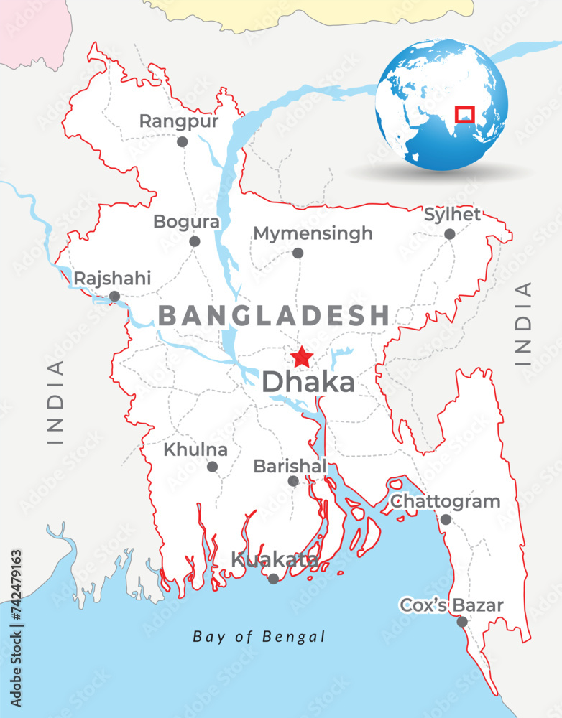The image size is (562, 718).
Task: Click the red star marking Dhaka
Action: tap(302, 356)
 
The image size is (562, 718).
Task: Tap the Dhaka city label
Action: tap(308, 383)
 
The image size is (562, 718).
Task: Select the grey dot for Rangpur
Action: tap(183, 141)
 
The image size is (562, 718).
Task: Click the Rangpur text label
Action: tap(178, 121)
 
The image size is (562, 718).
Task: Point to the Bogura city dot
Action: tap(194, 241)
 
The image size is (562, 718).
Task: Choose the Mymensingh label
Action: tap(313, 233)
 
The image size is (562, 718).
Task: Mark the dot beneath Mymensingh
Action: tap(298, 253)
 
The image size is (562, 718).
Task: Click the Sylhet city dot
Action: tap(449, 234)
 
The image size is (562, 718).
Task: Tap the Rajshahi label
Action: tap(113, 278)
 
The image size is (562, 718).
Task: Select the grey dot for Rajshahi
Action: tap(114, 296)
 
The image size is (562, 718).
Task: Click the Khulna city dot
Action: tap(212, 467)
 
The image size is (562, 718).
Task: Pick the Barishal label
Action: tap(290, 466)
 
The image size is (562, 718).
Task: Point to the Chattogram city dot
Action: tap(446, 519)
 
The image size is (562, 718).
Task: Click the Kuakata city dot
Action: tap(273, 579)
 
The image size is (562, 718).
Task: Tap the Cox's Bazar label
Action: tap(451, 605)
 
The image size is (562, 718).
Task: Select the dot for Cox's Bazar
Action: tap(462, 622)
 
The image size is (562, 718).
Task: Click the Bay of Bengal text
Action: tap(259, 637)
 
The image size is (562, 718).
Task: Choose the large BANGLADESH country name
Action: tap(274, 315)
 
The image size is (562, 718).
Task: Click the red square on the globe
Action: tap(465, 114)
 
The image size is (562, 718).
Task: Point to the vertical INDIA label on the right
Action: tap(525, 324)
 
